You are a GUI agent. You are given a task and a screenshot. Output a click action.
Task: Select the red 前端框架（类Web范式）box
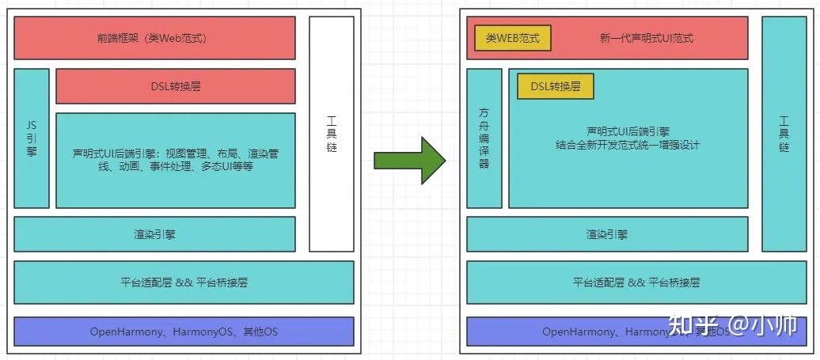(154, 38)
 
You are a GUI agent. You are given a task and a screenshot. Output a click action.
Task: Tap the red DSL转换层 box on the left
(175, 86)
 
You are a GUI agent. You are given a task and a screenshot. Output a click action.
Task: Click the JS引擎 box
(32, 138)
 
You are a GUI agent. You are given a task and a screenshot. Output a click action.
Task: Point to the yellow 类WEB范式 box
(512, 37)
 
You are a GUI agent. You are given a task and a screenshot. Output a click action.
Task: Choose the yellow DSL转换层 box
(555, 86)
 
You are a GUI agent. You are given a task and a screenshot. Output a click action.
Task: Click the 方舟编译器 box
(484, 138)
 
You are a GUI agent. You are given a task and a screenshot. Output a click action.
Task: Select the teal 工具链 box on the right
(784, 134)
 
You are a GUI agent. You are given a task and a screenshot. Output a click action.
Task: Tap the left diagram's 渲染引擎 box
(154, 234)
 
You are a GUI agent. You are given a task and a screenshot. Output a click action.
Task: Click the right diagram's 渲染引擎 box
(607, 234)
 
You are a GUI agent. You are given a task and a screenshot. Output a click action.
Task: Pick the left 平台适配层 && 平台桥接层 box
(184, 282)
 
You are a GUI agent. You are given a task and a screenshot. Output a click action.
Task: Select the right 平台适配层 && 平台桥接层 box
(636, 282)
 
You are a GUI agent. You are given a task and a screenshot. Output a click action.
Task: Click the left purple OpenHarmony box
(184, 332)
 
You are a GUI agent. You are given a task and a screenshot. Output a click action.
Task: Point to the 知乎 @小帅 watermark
(732, 326)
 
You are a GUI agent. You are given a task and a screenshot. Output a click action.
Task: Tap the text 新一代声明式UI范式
(647, 38)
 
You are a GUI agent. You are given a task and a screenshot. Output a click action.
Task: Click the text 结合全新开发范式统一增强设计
(628, 145)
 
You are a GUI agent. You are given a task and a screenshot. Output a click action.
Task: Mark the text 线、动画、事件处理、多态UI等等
(175, 166)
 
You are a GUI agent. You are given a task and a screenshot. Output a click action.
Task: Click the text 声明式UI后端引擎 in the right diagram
(628, 131)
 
